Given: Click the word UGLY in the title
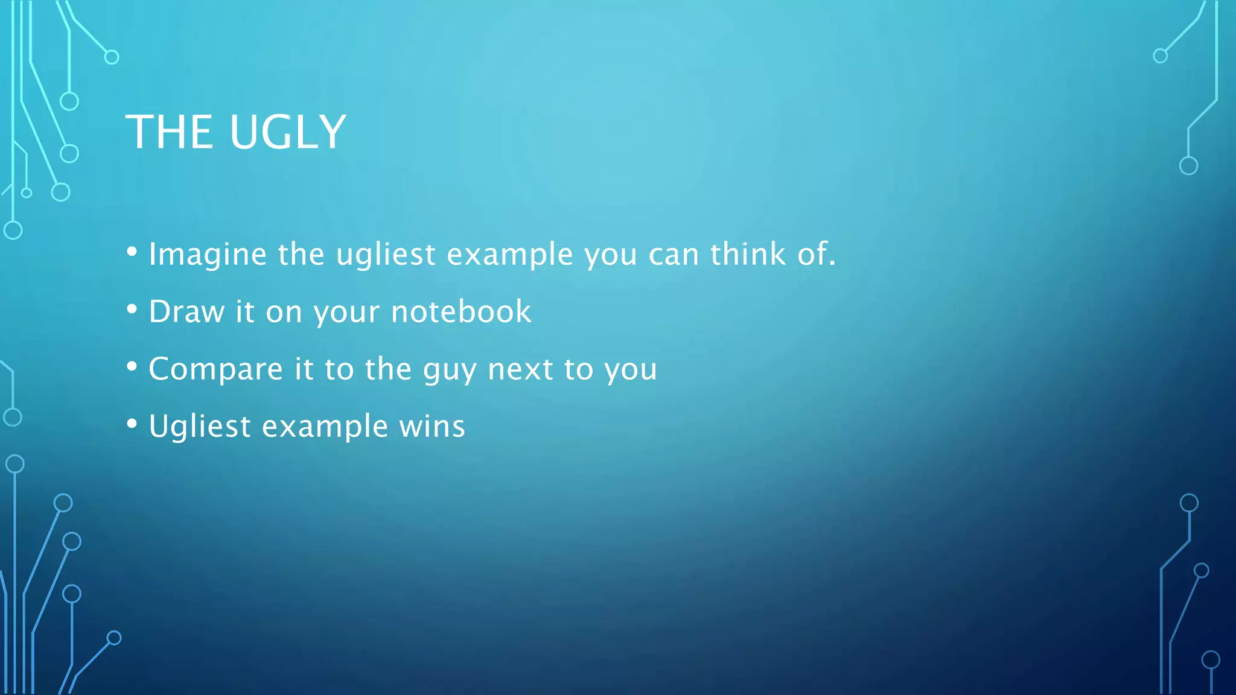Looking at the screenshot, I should [288, 132].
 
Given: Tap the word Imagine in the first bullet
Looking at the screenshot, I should [208, 255].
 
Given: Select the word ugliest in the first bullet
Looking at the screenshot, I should [386, 255].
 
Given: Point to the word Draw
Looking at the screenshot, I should [186, 312].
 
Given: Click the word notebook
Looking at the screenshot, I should [461, 312].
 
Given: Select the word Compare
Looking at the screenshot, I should [215, 369].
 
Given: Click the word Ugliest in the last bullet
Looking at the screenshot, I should [200, 427].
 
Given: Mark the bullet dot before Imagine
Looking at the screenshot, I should [132, 252].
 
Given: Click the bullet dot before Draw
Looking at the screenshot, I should [132, 309].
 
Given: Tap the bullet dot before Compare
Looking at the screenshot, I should [132, 366].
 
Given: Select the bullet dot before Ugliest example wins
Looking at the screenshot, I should [132, 424].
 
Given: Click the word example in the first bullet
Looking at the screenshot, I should [510, 255].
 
